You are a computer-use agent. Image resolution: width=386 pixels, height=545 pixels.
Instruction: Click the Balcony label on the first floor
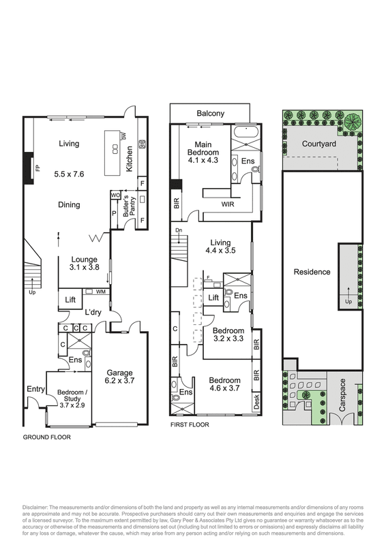pyautogui.click(x=210, y=113)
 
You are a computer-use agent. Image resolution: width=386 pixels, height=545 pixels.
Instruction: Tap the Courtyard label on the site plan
pyautogui.click(x=318, y=144)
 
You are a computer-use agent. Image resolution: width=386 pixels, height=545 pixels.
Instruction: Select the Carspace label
pyautogui.click(x=342, y=395)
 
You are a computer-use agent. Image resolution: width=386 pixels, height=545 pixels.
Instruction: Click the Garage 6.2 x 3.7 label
pyautogui.click(x=119, y=377)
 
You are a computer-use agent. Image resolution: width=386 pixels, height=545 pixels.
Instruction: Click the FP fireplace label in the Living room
pyautogui.click(x=38, y=168)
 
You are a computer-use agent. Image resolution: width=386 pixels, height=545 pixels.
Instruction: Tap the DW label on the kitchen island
pyautogui.click(x=123, y=136)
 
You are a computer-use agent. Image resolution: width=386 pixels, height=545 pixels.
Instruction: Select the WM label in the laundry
pyautogui.click(x=100, y=292)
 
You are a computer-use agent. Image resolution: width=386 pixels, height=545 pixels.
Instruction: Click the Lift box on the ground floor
pyautogui.click(x=70, y=298)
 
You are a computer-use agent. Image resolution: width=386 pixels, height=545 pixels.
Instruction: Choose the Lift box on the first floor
pyautogui.click(x=213, y=297)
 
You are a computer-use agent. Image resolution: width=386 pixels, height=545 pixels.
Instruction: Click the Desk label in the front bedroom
pyautogui.click(x=256, y=402)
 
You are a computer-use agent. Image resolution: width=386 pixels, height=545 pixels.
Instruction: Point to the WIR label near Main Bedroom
pyautogui.click(x=228, y=204)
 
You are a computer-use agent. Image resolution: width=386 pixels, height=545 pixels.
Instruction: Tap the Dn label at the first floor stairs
pyautogui.click(x=179, y=230)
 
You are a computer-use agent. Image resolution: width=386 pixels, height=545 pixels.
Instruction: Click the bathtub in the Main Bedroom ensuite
pyautogui.click(x=246, y=133)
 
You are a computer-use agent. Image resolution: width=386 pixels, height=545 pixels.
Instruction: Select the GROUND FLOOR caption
pyautogui.click(x=46, y=437)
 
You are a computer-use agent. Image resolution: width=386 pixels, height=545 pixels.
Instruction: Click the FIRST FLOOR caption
pyautogui.click(x=190, y=424)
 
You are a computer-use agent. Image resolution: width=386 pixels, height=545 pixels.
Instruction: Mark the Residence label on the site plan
pyautogui.click(x=312, y=272)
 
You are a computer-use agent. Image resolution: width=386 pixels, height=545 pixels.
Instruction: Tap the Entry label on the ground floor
pyautogui.click(x=36, y=389)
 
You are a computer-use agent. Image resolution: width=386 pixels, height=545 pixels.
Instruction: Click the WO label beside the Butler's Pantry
pyautogui.click(x=115, y=196)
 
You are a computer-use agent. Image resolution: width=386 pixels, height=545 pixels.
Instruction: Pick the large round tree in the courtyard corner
pyautogui.click(x=353, y=121)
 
